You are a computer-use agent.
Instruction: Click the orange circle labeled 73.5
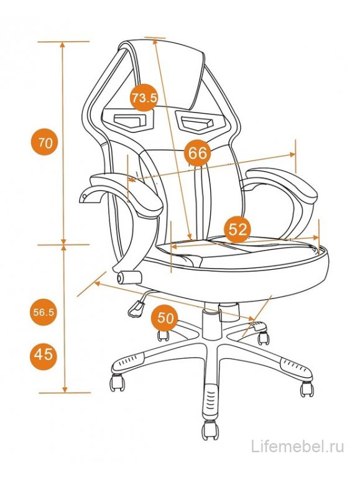[x=144, y=98]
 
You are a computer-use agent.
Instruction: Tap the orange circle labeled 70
[x=45, y=142]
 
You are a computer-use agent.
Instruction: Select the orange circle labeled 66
[x=198, y=153]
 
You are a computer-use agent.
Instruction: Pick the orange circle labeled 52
[x=238, y=229]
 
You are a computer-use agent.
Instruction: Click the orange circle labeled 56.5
[x=44, y=312]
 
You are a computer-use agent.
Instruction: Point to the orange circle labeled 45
[x=43, y=355]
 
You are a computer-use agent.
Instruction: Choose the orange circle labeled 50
[x=165, y=318]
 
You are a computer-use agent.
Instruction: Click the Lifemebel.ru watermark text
[x=297, y=446]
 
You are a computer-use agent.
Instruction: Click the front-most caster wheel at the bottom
[x=210, y=430]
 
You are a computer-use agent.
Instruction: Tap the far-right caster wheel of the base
[x=307, y=389]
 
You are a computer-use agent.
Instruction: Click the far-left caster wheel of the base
[x=117, y=382]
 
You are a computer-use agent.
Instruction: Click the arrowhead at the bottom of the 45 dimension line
[x=65, y=389]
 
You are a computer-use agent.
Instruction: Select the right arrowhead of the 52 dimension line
[x=316, y=238]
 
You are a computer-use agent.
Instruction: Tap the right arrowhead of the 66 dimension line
[x=292, y=155]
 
